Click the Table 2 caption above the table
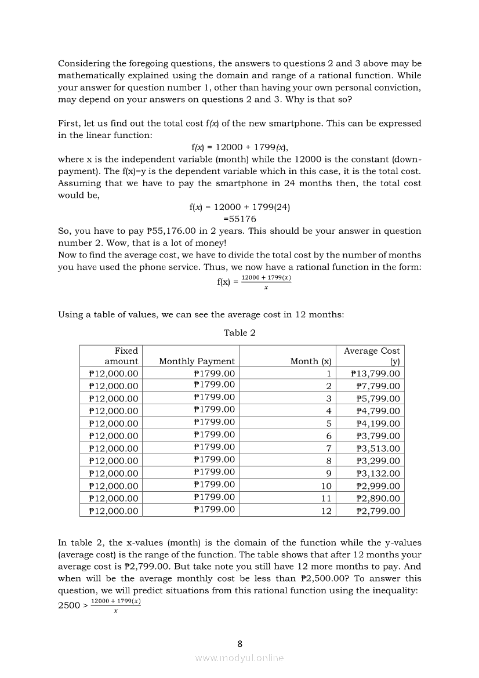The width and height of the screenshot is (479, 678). [239, 333]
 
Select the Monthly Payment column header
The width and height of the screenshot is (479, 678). [197, 361]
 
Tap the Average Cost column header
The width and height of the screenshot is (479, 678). [372, 356]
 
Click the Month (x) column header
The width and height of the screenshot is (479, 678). [310, 361]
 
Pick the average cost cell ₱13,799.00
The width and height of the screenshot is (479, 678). [375, 374]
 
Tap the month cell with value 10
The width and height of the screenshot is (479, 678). [326, 487]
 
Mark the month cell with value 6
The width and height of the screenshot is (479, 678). [329, 436]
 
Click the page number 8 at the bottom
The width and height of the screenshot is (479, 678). [240, 643]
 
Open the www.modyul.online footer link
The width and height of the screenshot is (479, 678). [239, 658]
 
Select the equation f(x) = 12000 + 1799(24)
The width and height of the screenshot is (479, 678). [239, 207]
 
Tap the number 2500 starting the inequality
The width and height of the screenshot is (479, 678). [69, 606]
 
